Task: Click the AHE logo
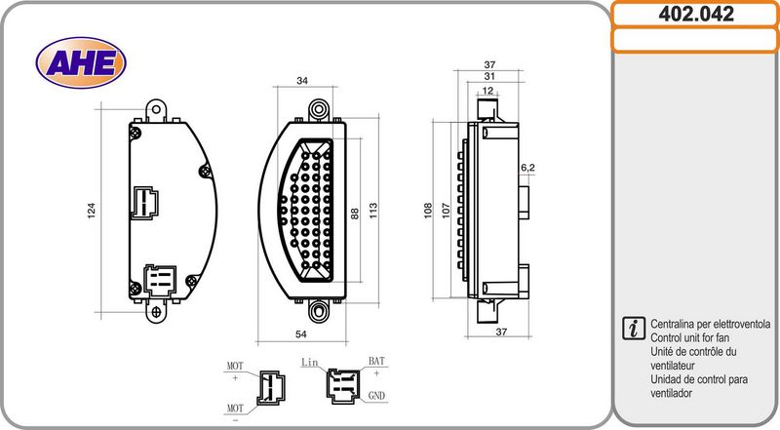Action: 81,62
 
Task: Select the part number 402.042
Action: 696,14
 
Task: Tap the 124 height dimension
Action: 91,210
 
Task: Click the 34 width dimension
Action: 302,81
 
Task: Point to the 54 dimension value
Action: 301,334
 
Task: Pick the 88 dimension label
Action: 355,214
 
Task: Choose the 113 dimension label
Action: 373,210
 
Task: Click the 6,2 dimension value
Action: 527,169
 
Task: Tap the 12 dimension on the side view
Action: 488,91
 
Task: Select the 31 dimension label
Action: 489,76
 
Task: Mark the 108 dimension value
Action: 428,210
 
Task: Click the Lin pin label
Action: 309,363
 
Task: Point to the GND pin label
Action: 376,396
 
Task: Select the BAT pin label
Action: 376,361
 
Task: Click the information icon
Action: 633,328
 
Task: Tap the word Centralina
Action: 672,324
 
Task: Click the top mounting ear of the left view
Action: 156,110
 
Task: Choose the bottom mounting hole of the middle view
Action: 319,310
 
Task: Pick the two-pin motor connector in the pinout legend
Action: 271,388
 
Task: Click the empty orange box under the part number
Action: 695,40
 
